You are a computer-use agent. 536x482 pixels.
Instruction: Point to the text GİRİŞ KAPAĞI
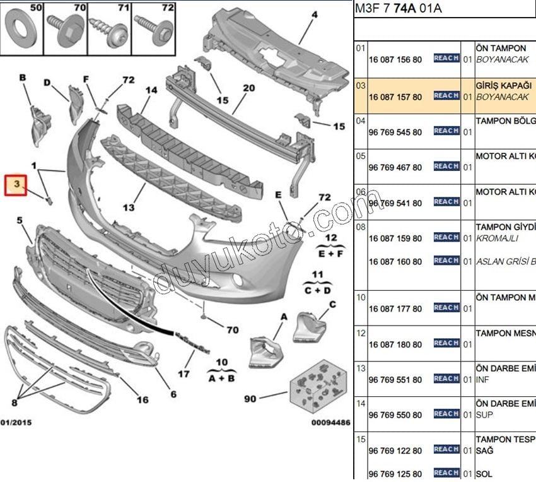[x=504, y=85]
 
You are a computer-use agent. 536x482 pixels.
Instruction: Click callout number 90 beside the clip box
[x=250, y=399]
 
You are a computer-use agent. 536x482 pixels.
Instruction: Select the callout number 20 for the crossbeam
[x=248, y=88]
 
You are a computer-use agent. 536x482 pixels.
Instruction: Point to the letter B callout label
[x=23, y=78]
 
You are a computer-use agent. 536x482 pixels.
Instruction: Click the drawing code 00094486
[x=330, y=423]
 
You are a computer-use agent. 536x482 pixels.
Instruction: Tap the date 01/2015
[x=16, y=422]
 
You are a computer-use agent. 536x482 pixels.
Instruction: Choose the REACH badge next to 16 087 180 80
[x=446, y=343]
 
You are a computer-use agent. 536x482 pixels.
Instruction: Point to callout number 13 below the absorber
[x=129, y=207]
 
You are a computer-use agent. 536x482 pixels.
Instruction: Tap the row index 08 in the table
[x=361, y=226]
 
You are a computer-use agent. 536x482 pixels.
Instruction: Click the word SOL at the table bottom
[x=484, y=474]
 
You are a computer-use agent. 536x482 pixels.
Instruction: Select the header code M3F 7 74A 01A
[x=399, y=8]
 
